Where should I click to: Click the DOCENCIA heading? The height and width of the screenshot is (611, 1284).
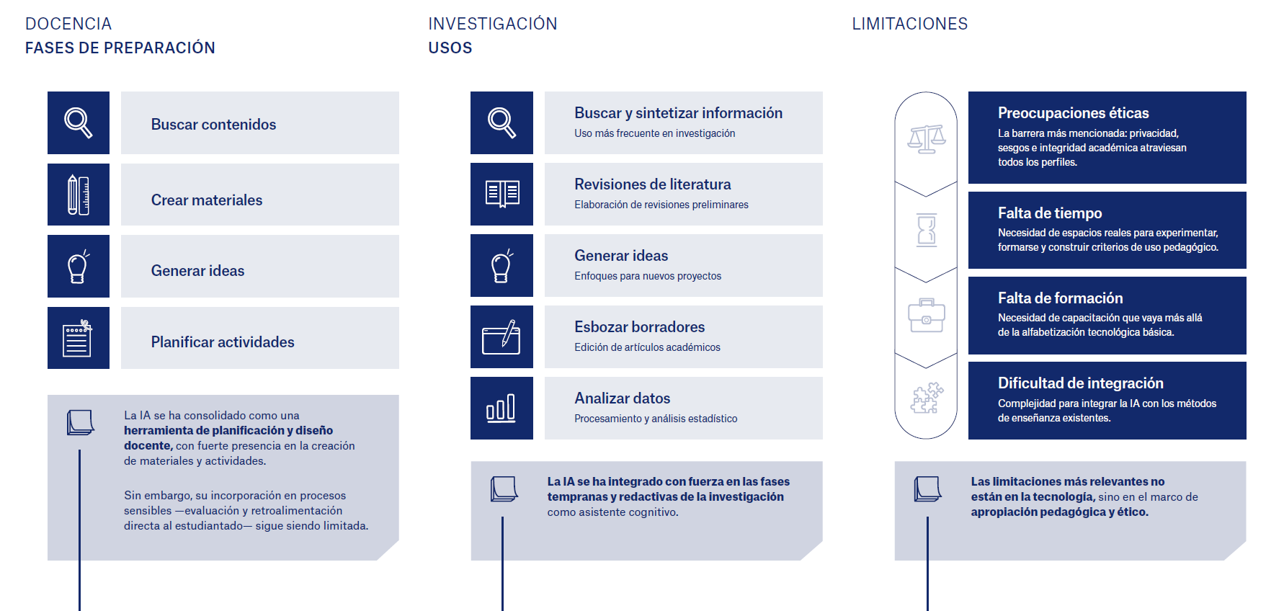click(68, 24)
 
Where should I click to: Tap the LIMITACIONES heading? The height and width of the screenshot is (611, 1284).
click(910, 24)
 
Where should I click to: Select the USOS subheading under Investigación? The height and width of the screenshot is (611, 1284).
click(450, 48)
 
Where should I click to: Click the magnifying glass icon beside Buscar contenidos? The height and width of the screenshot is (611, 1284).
click(79, 122)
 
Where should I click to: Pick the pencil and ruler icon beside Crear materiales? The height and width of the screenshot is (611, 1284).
click(79, 195)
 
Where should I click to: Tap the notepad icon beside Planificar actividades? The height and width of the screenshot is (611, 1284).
click(78, 338)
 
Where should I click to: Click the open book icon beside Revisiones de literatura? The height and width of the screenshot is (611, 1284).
click(502, 194)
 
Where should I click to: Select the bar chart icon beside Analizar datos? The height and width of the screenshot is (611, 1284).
click(501, 408)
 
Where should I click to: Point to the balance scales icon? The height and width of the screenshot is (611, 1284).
click(927, 139)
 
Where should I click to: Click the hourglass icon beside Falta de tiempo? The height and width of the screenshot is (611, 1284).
click(927, 230)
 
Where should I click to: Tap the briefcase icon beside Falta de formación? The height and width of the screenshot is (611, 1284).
click(927, 316)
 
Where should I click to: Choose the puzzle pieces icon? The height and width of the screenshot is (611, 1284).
click(927, 398)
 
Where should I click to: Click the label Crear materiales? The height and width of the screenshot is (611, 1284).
click(207, 200)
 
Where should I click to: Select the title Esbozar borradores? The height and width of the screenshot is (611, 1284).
click(640, 327)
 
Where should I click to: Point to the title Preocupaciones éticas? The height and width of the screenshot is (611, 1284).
click(1074, 113)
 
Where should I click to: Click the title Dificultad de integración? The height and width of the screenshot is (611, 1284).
click(1081, 383)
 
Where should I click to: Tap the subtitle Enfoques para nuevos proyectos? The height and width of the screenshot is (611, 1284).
click(648, 276)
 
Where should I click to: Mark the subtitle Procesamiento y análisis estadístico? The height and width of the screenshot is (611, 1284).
click(656, 419)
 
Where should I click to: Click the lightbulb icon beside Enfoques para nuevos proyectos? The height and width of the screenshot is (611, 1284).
click(501, 266)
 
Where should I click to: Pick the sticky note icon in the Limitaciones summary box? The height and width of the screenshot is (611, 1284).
click(928, 489)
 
